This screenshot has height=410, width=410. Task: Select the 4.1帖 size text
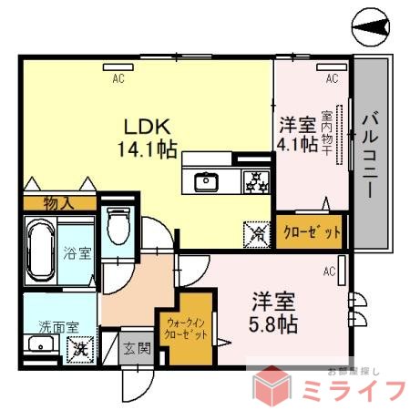pos(298,145)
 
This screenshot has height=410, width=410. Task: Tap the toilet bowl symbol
pos(119,226)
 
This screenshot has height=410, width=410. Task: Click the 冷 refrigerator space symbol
pos(257,233)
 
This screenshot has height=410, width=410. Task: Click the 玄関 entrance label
pos(138,348)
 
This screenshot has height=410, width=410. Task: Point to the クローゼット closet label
pos(313,232)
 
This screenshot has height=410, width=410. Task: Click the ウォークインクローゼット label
pos(186,327)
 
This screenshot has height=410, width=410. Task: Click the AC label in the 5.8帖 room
pos(328,271)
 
